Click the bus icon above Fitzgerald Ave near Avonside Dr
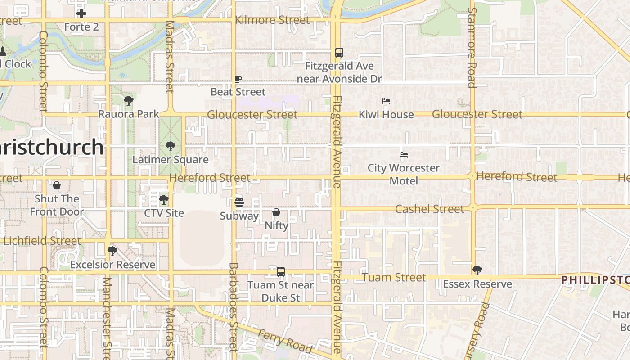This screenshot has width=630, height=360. pos(339,53)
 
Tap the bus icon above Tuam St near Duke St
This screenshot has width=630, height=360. pos(281,271)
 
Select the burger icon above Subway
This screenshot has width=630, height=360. pos(239,202)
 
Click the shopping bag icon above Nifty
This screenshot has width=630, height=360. pos(276,212)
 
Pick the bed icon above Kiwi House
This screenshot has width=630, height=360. pos(386,101)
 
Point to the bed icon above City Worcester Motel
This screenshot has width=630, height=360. pos(404,155)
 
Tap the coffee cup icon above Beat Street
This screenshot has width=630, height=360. pos(238,79)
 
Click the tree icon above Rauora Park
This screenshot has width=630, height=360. pos(129,100)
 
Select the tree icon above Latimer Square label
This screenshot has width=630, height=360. pos(170,146)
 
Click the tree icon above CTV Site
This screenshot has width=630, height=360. pos(164,199)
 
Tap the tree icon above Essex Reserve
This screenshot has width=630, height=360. pos(477,270)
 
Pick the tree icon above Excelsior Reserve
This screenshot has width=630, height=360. pos(112,251)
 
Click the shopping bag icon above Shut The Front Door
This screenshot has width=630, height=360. pos(57,185)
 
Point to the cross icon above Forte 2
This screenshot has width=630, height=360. pos(81,13)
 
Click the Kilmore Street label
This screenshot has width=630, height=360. pos(272,20)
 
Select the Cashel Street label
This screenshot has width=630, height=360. pos(429,209)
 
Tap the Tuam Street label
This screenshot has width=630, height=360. pos(394,277)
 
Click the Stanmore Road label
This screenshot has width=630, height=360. pos(472,47)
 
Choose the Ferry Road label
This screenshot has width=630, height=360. pos(285,341)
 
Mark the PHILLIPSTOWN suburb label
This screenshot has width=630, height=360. pos(595,280)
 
